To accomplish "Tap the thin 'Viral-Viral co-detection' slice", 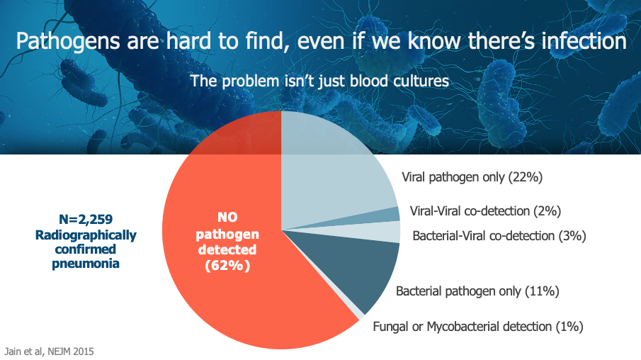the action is click(388, 215).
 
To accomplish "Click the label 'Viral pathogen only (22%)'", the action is click(472, 177).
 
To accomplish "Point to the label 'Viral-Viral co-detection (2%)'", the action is click(485, 211).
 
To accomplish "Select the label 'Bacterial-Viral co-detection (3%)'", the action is click(499, 236).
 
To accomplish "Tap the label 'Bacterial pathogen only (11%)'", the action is click(477, 291).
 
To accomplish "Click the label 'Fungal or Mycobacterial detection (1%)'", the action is click(478, 327).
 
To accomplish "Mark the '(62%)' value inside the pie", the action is click(227, 266).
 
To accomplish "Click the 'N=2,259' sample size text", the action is click(86, 220).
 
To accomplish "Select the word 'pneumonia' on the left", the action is click(86, 264).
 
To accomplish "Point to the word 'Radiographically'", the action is click(86, 235).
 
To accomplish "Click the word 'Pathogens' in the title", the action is click(68, 42).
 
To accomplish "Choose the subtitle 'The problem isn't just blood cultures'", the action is click(319, 81).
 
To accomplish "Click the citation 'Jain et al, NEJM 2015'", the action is click(49, 351).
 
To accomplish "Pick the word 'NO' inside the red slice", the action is click(227, 218).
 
